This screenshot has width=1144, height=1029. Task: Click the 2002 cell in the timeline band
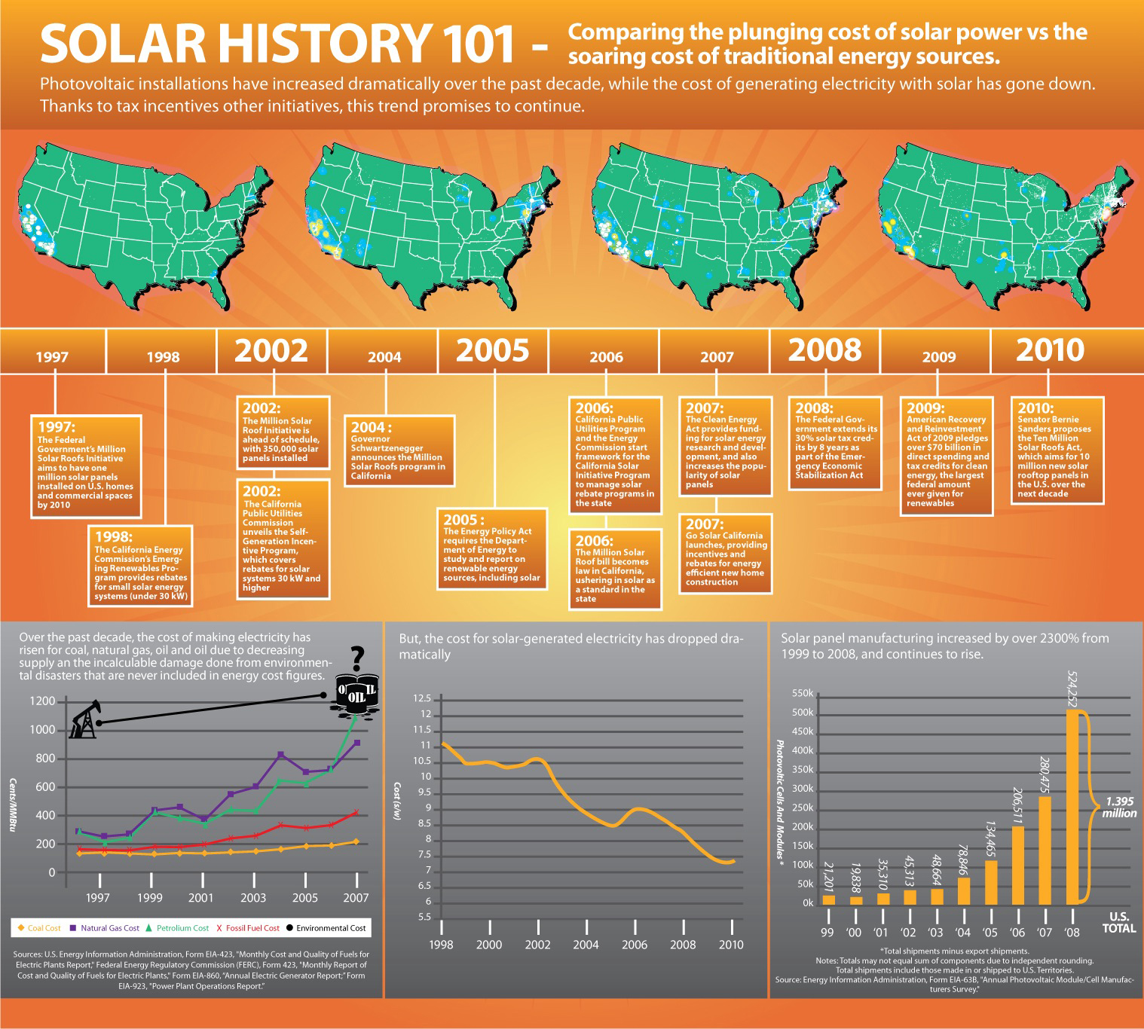point(271,351)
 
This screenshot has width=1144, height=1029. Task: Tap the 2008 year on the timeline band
point(825,350)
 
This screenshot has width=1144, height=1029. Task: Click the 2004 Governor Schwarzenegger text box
point(399,450)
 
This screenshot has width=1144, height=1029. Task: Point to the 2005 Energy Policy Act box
point(492,548)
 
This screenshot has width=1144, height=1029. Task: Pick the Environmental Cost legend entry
point(326,928)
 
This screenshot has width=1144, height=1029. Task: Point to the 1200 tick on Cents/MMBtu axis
point(42,701)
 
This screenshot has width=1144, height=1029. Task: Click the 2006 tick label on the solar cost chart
point(634,945)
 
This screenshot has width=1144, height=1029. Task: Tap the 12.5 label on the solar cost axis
point(422,698)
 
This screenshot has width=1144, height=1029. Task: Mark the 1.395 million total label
point(1118,807)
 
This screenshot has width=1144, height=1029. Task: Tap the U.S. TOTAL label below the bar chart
point(1118,923)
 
